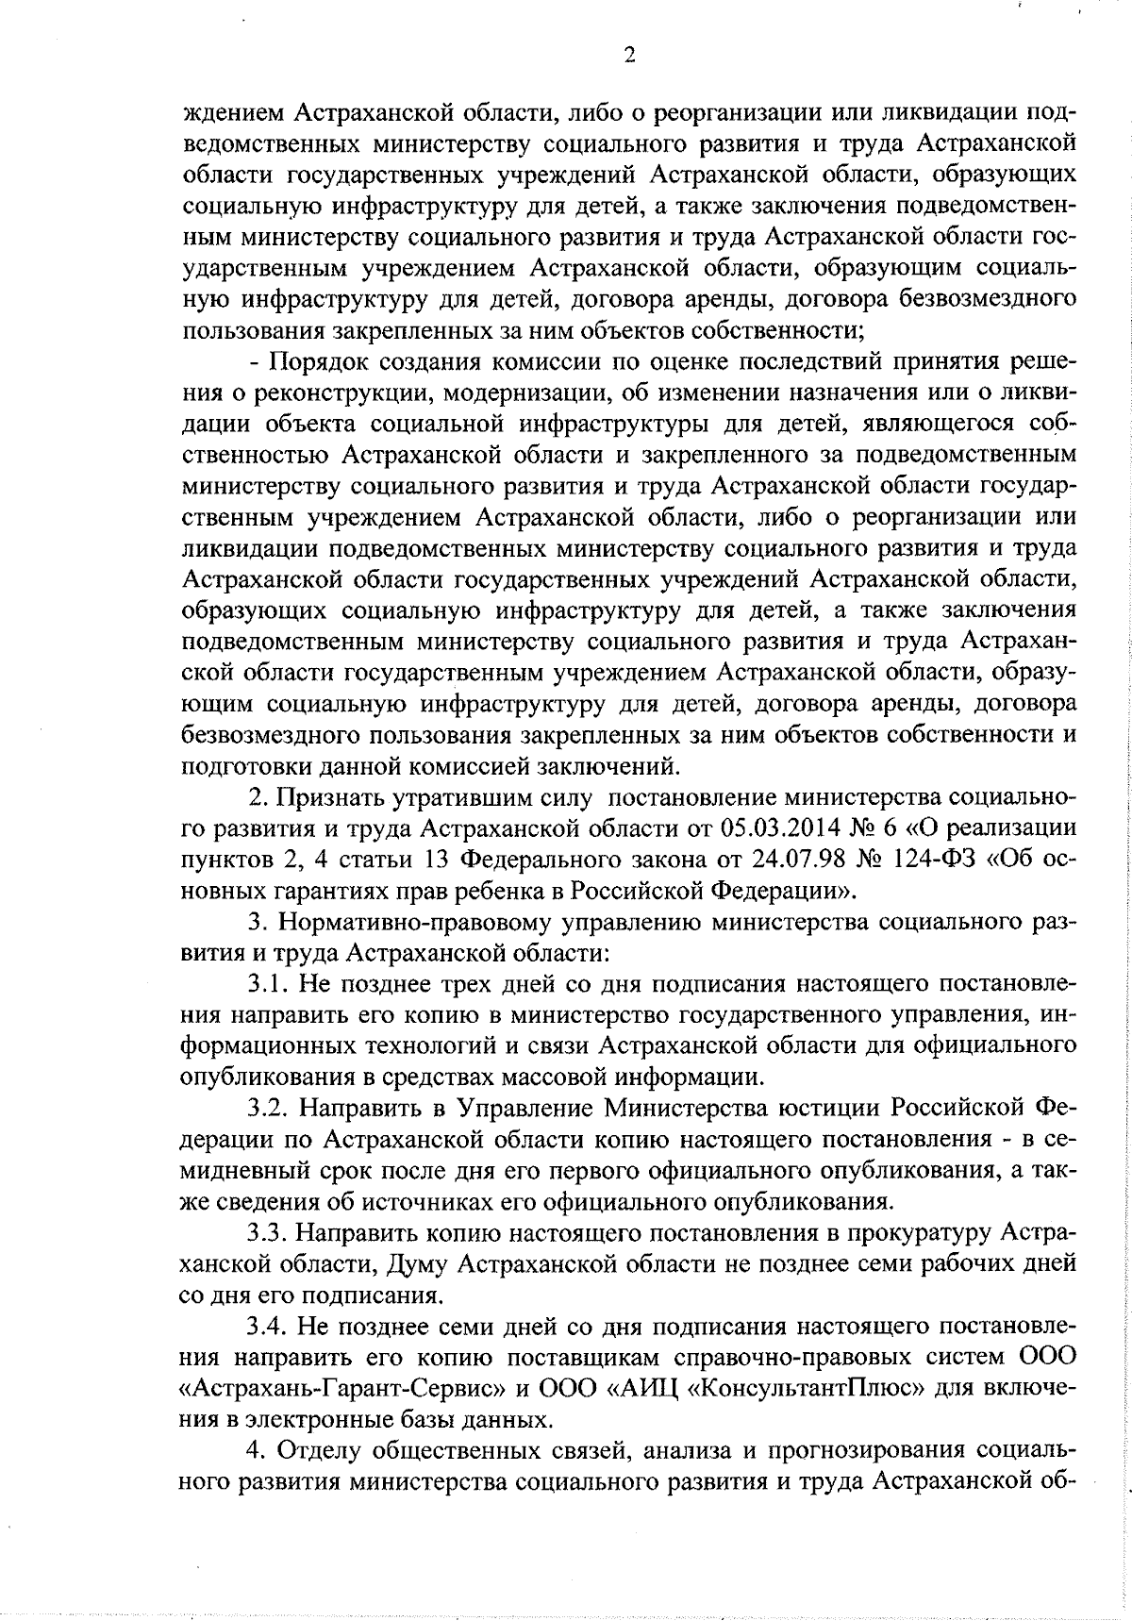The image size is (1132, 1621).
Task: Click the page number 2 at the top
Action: tap(629, 56)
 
